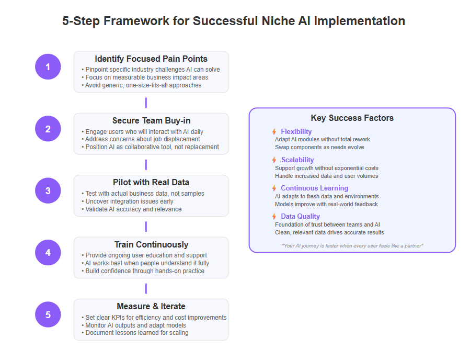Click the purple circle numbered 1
[x=48, y=66]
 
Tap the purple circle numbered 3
[x=48, y=190]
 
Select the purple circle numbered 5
[x=48, y=314]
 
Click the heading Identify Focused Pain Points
[x=151, y=59]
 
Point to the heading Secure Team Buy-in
[x=151, y=120]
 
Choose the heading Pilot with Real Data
[x=151, y=183]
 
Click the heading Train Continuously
[x=151, y=244]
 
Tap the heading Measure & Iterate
[x=151, y=306]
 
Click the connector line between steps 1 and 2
[x=146, y=103]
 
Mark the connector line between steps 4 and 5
[x=146, y=289]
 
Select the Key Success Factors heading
[x=352, y=118]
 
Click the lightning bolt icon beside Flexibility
[x=274, y=131]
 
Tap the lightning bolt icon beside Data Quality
[x=274, y=216]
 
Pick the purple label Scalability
[x=297, y=160]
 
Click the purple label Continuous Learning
[x=314, y=188]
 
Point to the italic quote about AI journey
[x=352, y=246]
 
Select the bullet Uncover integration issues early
[x=128, y=201]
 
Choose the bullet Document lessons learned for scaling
[x=135, y=333]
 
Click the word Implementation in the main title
[x=359, y=21]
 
